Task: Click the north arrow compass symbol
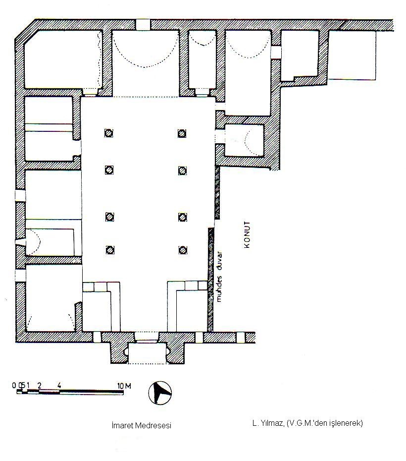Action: (160, 393)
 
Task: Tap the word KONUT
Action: (247, 235)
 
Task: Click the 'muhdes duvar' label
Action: (219, 277)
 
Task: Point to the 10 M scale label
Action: (124, 386)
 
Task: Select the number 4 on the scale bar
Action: (59, 386)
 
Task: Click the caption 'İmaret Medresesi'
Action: (142, 425)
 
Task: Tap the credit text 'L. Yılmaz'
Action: (268, 424)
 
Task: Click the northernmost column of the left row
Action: (109, 133)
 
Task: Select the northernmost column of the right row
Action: (182, 134)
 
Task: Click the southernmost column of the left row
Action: (110, 250)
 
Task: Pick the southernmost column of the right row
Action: (183, 250)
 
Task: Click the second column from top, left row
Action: (109, 170)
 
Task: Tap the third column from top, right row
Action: (183, 217)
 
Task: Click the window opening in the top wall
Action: (143, 24)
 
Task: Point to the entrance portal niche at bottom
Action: (147, 352)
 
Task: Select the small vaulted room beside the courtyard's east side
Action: (244, 140)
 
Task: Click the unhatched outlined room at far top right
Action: (352, 55)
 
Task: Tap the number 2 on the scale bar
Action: (40, 386)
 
